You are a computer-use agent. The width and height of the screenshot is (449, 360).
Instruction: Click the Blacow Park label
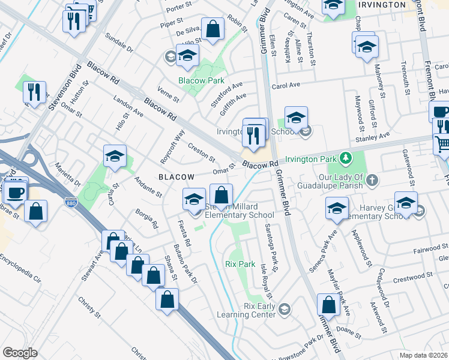(x=201, y=80)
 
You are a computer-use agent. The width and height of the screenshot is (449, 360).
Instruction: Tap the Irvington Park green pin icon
(x=345, y=158)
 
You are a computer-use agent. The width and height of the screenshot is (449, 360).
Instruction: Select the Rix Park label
(x=240, y=264)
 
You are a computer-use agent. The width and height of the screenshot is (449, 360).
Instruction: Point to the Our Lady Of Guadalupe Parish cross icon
(x=372, y=179)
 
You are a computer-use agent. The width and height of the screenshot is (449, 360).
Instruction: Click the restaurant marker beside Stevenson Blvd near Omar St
(x=34, y=92)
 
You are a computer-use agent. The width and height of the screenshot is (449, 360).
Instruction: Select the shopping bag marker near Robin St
(x=212, y=29)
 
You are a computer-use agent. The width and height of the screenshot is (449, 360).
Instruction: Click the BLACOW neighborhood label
(x=176, y=177)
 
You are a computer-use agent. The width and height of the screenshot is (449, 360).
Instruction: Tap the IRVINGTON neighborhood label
(x=382, y=5)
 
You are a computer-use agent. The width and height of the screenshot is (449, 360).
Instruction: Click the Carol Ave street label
(x=286, y=86)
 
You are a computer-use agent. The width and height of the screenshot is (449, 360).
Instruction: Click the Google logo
(x=19, y=353)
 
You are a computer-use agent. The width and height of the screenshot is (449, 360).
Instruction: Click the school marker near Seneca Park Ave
(x=337, y=209)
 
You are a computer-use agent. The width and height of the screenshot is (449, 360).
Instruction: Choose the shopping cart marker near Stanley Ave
(x=442, y=145)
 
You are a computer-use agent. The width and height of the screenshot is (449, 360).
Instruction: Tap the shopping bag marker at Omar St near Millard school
(x=221, y=196)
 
